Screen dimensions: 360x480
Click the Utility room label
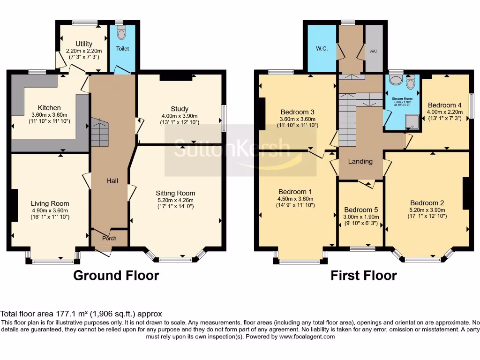tap(84, 44)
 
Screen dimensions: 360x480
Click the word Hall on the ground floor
tap(112, 180)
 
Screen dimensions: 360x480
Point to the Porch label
tap(110, 238)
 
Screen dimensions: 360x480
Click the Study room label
tap(180, 110)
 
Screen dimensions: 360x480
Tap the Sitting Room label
tap(175, 193)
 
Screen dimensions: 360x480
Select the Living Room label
tap(50, 203)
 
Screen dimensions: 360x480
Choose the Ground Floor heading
tap(116, 275)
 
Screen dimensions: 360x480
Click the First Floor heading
tap(364, 275)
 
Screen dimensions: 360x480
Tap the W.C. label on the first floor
tap(321, 48)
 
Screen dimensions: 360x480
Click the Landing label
tap(360, 161)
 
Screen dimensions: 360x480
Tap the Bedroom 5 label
tap(360, 210)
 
